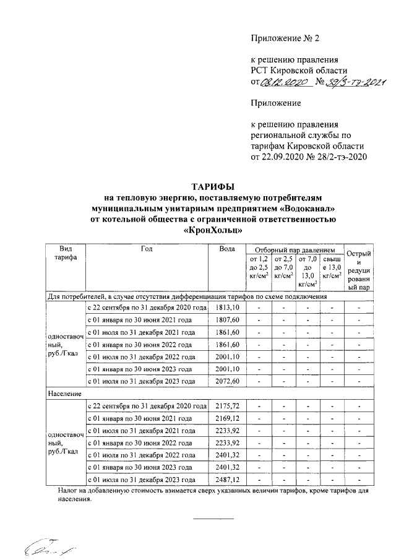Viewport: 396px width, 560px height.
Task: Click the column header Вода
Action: click(227, 249)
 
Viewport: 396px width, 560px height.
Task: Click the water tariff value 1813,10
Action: click(227, 308)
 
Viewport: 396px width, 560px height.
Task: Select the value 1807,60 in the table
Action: click(227, 320)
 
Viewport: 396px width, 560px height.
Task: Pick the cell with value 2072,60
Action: click(227, 382)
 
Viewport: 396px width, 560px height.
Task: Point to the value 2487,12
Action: click(227, 480)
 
